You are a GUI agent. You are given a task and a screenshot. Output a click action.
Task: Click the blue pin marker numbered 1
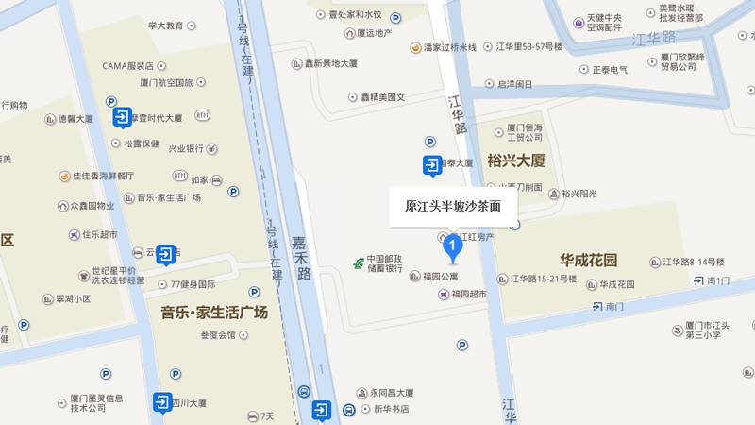[x=453, y=246]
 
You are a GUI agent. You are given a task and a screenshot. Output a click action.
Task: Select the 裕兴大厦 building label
[x=517, y=160]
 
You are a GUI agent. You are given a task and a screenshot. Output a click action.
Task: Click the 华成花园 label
[x=588, y=260]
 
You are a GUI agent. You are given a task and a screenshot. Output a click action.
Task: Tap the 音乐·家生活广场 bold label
[x=214, y=313]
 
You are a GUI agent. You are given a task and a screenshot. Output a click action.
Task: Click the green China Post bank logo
[x=359, y=263]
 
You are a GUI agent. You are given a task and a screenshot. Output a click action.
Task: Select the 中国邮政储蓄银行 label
[x=385, y=263]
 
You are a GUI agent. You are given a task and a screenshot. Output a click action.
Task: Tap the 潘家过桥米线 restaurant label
[x=449, y=47]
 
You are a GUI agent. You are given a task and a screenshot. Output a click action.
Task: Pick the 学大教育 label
[x=165, y=25]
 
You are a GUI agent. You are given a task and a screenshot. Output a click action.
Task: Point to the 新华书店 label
[x=390, y=409]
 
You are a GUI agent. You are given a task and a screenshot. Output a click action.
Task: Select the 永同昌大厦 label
[x=391, y=393]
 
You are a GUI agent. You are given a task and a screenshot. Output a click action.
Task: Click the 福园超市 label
[x=468, y=294]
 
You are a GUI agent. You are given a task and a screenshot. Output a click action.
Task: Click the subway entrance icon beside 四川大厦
[x=163, y=403]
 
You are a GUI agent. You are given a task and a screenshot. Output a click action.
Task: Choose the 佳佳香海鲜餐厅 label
[x=103, y=176]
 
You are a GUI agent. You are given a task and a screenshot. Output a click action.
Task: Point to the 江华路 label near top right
[x=656, y=38]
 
